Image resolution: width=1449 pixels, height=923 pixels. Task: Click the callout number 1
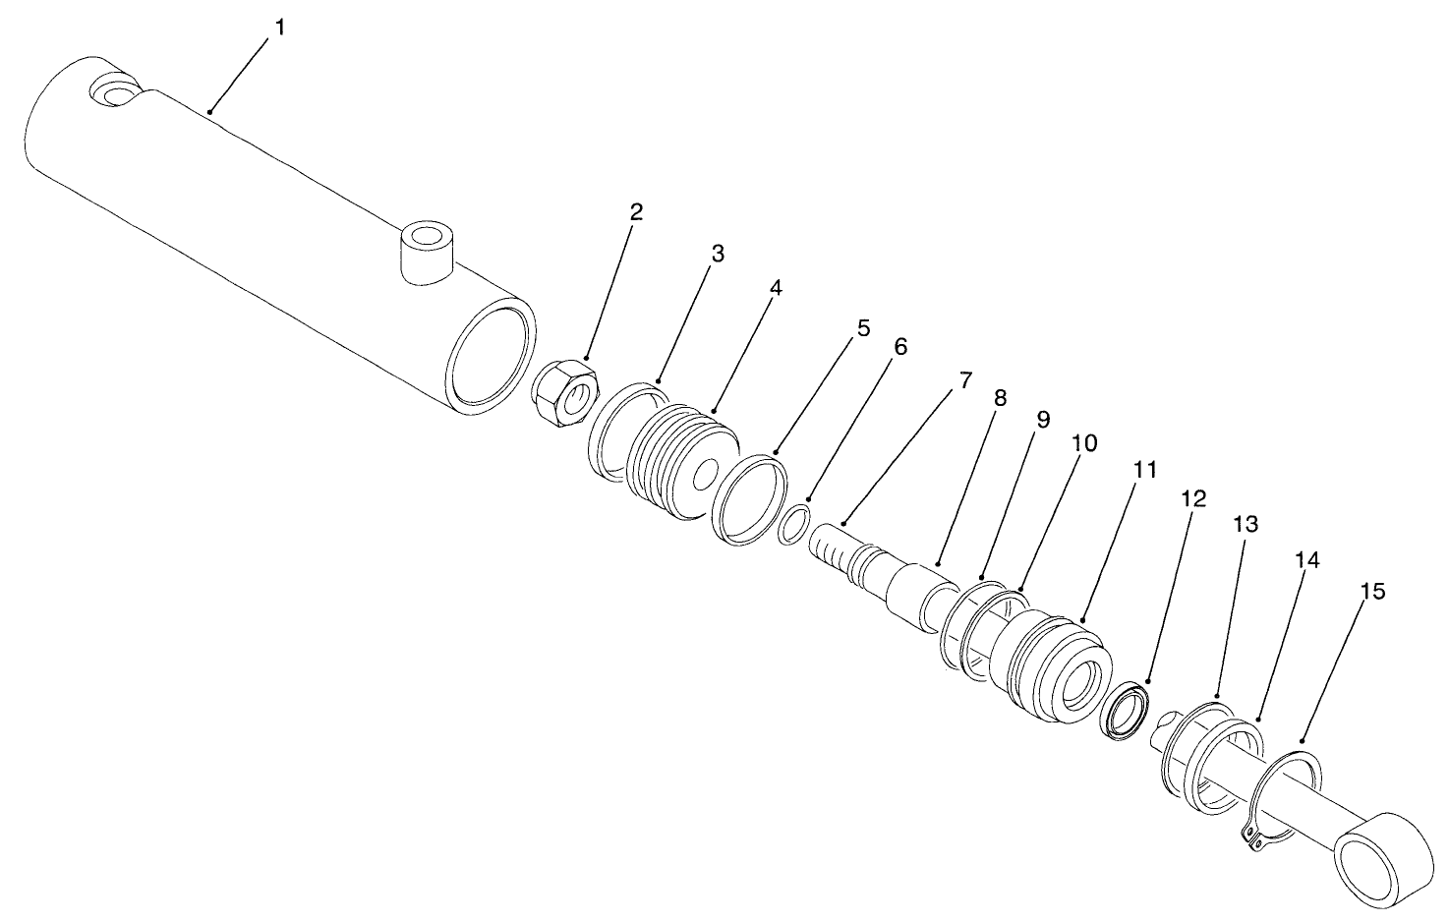[280, 28]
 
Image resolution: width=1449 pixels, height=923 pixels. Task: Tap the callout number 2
[636, 211]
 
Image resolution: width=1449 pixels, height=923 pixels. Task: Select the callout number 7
[964, 378]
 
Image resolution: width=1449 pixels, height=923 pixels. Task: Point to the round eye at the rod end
[1383, 854]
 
